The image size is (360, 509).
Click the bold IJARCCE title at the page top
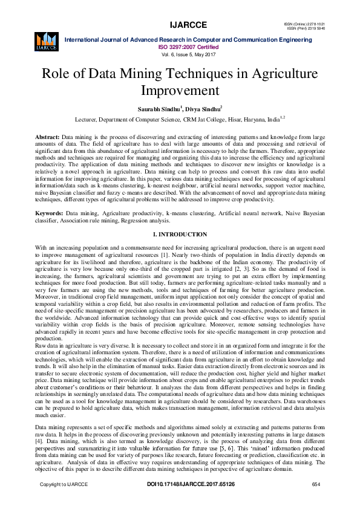pos(188,25)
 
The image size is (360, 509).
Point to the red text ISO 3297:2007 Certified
pos(188,46)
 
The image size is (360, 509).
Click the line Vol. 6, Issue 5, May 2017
pos(188,54)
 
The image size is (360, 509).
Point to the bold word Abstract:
pos(47,138)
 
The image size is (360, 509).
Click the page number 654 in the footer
pos(315,484)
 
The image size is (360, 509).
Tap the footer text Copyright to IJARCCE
pos(64,484)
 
